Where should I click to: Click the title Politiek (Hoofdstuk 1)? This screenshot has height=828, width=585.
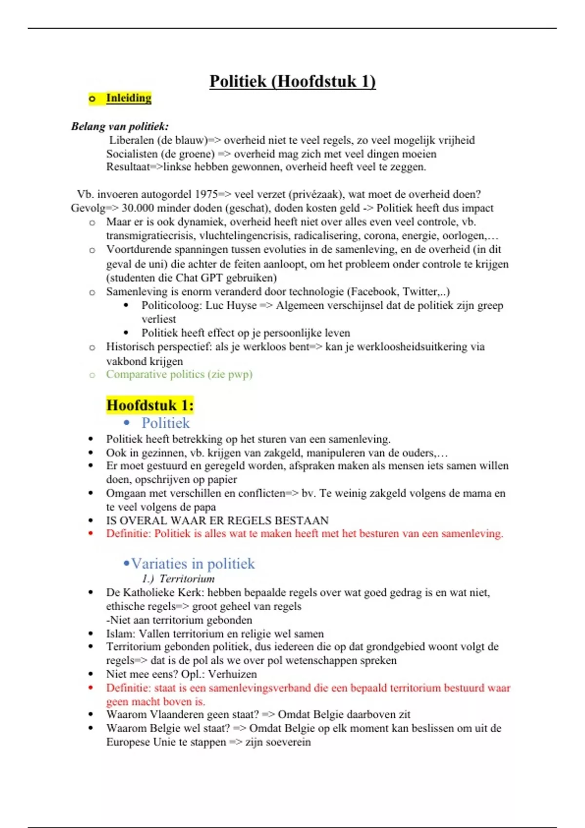click(x=292, y=81)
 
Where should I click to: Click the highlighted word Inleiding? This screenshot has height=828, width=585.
click(x=129, y=98)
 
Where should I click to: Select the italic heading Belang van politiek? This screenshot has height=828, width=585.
click(x=119, y=127)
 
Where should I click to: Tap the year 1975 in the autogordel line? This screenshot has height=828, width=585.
click(x=206, y=194)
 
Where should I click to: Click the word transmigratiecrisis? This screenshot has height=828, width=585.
click(x=151, y=236)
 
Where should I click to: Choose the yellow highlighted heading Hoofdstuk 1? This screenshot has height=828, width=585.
click(x=150, y=405)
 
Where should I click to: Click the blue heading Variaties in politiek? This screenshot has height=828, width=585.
click(x=193, y=564)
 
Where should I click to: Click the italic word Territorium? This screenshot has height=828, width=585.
click(x=187, y=579)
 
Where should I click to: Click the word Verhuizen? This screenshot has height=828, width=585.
click(x=233, y=674)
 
